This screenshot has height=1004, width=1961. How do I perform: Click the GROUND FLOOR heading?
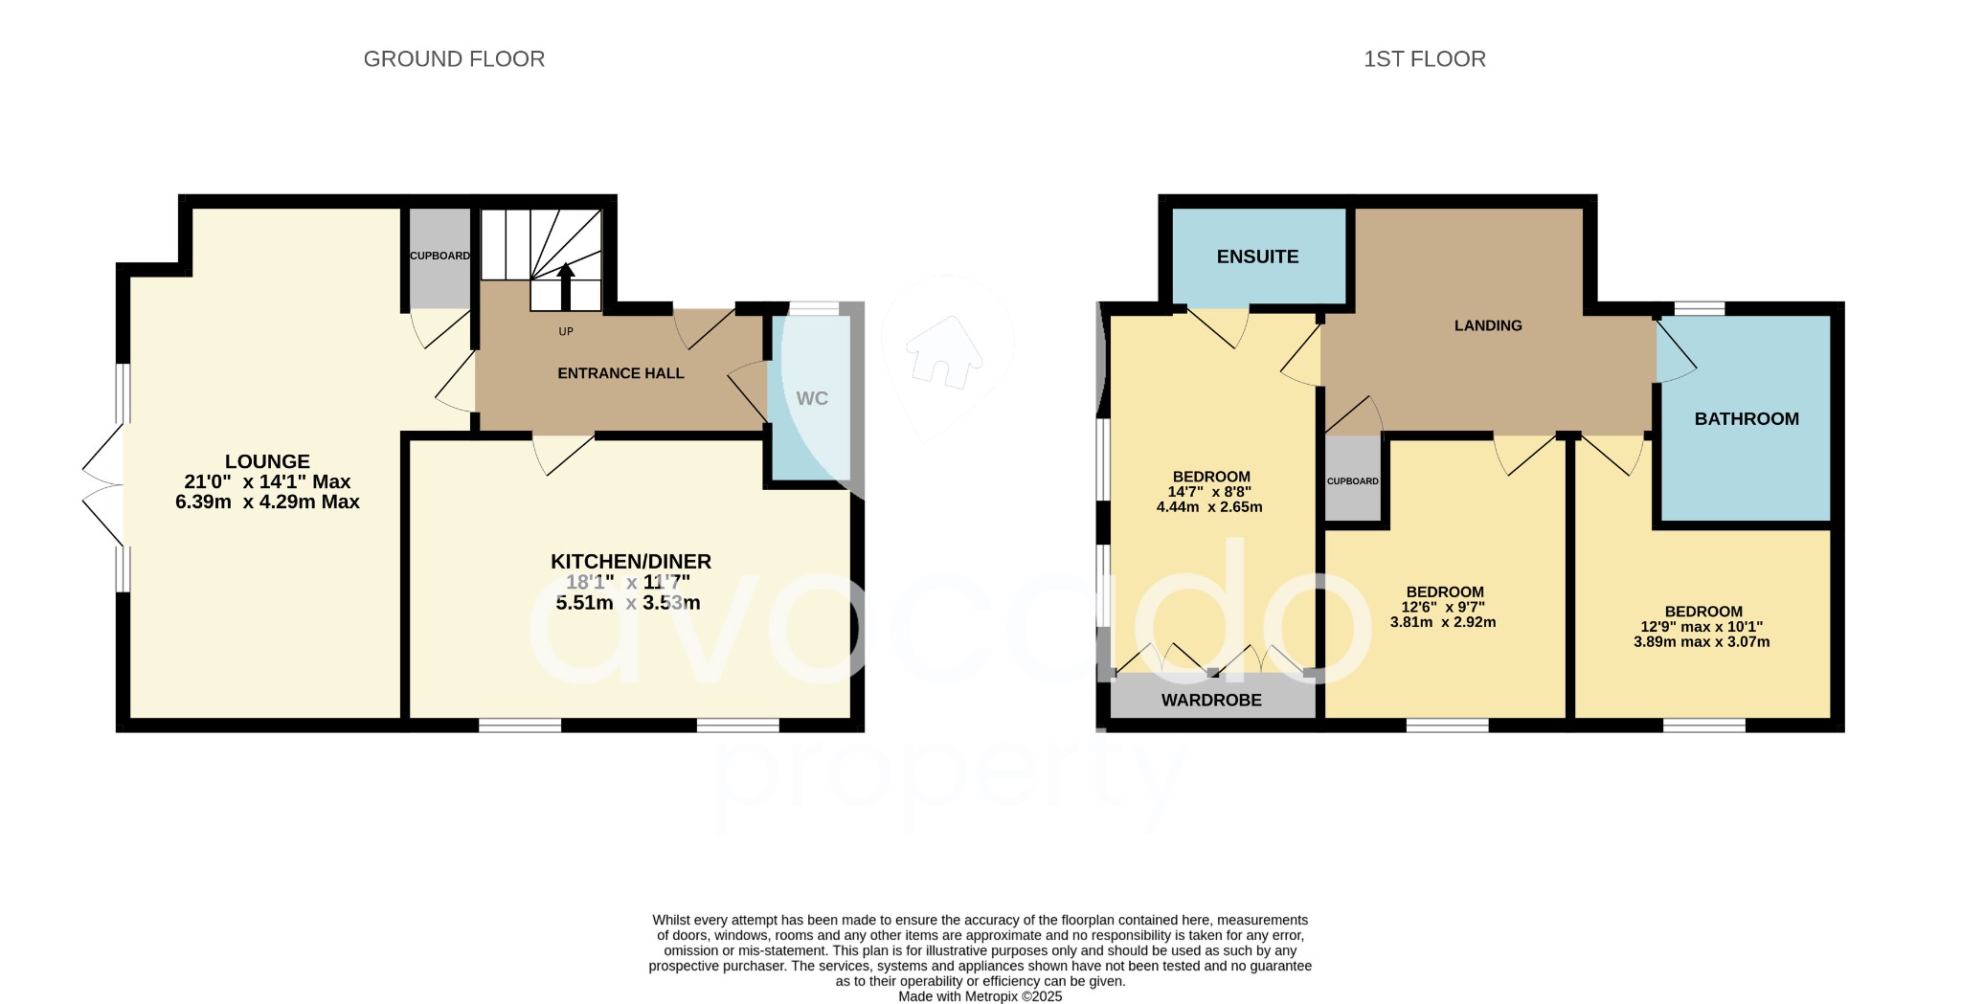point(454,59)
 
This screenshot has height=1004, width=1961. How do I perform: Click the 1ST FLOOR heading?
point(1424,59)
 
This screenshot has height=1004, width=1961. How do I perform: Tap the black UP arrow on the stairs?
point(566,284)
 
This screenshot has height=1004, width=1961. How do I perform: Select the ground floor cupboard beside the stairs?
point(440,257)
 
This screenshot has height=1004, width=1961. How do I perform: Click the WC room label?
point(811,398)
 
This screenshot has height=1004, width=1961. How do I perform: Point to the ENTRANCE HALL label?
point(620,373)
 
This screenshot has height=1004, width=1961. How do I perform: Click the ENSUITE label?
point(1257,257)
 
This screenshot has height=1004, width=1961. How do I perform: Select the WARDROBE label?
point(1211,700)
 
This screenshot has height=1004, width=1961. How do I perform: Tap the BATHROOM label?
point(1746,418)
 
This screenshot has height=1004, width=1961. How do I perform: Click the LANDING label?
point(1487,325)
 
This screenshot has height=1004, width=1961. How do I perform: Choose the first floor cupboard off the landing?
point(1352,480)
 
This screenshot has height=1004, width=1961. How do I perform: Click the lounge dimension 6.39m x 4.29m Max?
point(267,502)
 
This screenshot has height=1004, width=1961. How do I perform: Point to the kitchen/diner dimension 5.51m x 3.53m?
point(628,603)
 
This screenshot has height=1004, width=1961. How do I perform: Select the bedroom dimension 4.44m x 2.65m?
point(1209,507)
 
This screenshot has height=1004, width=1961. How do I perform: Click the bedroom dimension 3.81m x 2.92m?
point(1443,622)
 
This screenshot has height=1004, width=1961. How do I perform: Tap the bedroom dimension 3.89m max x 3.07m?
point(1702,642)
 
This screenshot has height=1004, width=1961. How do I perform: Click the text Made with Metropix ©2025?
point(980,996)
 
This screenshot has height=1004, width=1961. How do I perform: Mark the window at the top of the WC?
point(812,308)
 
